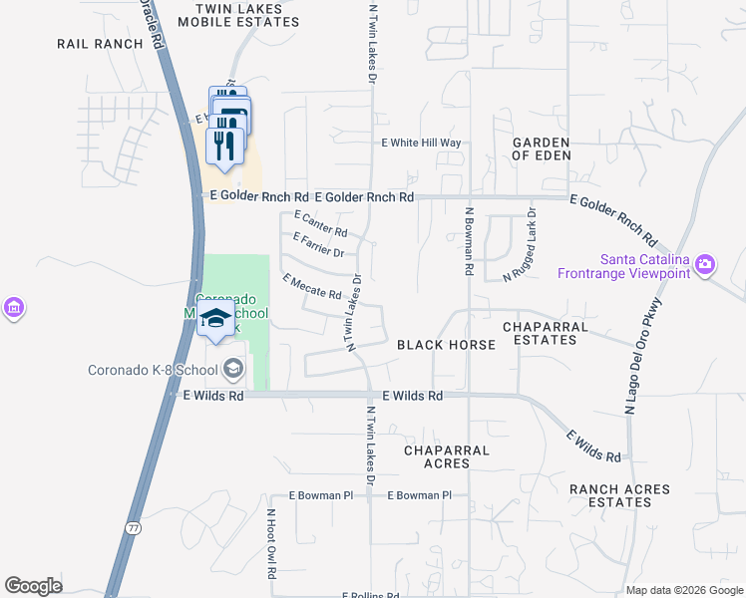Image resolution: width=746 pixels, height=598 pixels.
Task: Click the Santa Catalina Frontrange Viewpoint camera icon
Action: (x=706, y=265)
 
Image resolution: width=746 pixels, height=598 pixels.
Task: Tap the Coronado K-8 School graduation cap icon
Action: (x=233, y=370)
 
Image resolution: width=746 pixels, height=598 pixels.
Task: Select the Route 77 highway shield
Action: (x=133, y=525)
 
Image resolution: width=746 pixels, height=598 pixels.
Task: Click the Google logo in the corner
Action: (x=33, y=586)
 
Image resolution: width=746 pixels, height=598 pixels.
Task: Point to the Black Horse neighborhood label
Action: (x=446, y=345)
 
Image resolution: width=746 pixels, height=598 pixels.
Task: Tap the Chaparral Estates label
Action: (x=540, y=333)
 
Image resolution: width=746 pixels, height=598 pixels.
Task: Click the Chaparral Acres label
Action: (x=446, y=456)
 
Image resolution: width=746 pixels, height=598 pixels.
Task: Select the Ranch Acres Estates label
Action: (x=610, y=495)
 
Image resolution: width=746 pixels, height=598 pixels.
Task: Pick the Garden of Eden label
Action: (x=542, y=149)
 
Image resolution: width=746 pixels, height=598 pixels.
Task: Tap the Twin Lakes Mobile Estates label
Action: (x=238, y=14)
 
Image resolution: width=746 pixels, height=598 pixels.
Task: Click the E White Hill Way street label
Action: (x=422, y=144)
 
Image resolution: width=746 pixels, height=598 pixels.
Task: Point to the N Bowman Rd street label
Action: (x=467, y=241)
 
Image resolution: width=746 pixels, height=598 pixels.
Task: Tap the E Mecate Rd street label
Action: (x=312, y=287)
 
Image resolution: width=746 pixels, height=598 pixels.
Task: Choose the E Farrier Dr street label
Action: (x=318, y=244)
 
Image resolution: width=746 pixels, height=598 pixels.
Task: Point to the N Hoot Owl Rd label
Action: (x=269, y=544)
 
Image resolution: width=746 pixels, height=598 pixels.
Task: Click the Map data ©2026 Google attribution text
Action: (x=684, y=590)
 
